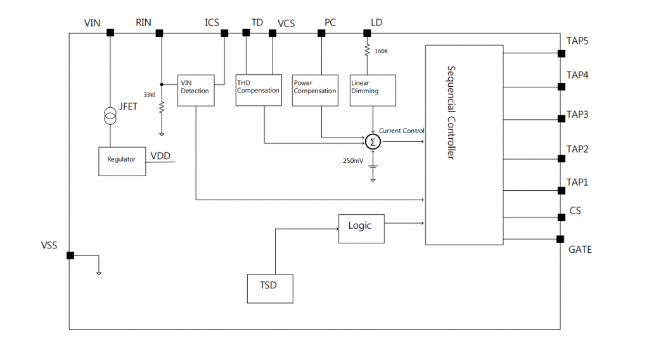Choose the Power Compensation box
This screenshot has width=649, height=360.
tap(315, 89)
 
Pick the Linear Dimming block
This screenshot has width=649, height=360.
tap(373, 89)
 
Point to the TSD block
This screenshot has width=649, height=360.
tap(270, 288)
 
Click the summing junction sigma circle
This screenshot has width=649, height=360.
tap(373, 141)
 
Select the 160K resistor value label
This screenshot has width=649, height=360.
tap(382, 51)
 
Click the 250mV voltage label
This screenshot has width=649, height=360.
tap(353, 160)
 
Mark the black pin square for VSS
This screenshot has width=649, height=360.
tap(70, 255)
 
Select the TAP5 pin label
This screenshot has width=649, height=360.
tap(577, 41)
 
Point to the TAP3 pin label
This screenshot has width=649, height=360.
tap(577, 115)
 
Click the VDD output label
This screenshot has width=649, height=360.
tap(160, 156)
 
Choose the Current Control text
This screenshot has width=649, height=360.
tap(402, 131)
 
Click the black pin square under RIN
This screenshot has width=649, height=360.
tap(160, 32)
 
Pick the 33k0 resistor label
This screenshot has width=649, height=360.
tap(150, 94)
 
